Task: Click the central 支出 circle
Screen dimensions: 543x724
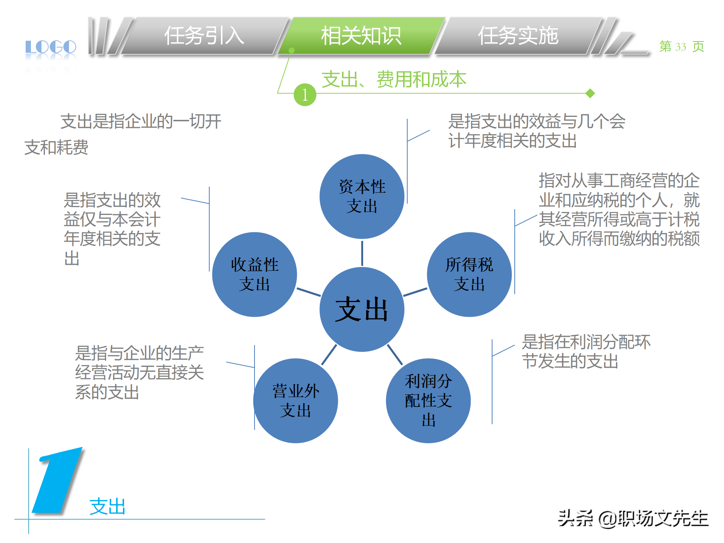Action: click(362, 309)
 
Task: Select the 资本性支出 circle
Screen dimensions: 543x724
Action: click(362, 196)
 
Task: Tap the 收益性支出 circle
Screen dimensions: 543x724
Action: click(255, 274)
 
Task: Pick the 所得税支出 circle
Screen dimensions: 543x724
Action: click(469, 274)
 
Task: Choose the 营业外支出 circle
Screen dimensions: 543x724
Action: click(296, 400)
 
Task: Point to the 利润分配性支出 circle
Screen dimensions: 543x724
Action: click(428, 400)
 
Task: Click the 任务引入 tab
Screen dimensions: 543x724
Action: click(204, 36)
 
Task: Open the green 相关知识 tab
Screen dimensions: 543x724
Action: click(361, 36)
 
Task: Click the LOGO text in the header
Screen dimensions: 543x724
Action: click(51, 48)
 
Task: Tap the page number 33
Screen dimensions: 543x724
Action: click(681, 47)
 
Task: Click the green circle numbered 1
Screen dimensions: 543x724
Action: click(305, 95)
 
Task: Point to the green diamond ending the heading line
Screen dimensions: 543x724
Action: click(590, 93)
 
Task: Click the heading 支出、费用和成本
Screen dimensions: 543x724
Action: click(394, 79)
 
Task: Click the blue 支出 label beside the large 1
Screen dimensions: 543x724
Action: click(107, 506)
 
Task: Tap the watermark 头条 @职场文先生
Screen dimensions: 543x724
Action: click(633, 518)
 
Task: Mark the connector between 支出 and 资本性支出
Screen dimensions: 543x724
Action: click(362, 253)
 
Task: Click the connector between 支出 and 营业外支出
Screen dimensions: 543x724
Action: click(329, 354)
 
